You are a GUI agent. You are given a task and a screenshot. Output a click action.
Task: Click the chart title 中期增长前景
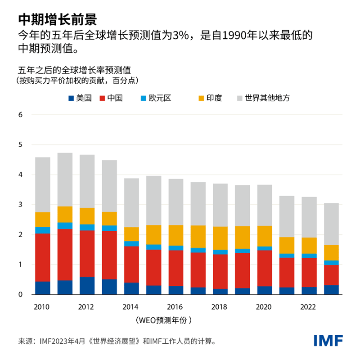(x=57, y=18)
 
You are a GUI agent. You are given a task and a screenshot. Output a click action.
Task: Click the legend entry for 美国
(x=80, y=97)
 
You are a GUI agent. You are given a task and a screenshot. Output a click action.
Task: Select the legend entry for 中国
(x=111, y=97)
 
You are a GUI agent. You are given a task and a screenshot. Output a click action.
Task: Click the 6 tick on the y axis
(x=20, y=115)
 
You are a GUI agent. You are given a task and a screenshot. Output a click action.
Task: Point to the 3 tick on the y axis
(x=20, y=205)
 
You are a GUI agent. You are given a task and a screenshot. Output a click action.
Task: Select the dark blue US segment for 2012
(x=87, y=286)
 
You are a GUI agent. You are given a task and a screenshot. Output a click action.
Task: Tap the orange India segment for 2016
(x=175, y=235)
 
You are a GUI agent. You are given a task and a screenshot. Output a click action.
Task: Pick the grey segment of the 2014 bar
(x=131, y=202)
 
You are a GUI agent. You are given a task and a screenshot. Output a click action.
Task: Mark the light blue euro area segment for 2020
(x=264, y=248)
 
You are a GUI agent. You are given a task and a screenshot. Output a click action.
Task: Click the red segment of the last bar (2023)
(x=331, y=275)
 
